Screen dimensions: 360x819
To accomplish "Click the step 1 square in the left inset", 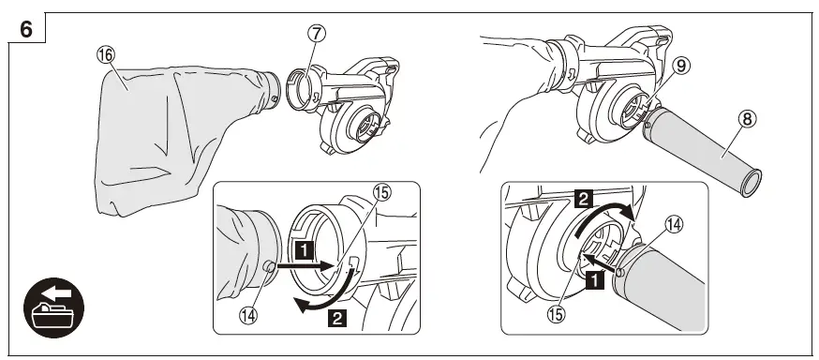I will click(x=302, y=250).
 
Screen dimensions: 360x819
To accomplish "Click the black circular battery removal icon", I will click(x=53, y=307).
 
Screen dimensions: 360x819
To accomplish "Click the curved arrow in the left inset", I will click(x=319, y=302).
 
